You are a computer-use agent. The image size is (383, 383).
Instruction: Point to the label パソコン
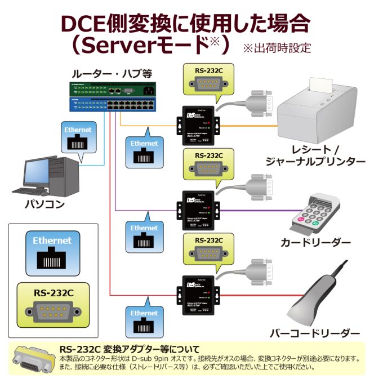tap(44, 204)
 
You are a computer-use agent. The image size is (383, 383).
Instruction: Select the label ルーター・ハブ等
tap(112, 74)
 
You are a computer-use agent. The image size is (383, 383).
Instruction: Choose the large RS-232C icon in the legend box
tap(53, 305)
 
